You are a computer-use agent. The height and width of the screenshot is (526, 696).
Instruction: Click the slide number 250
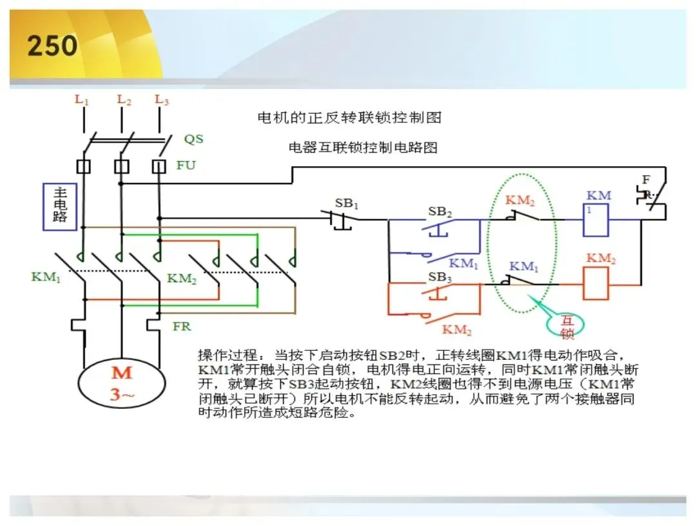(x=52, y=46)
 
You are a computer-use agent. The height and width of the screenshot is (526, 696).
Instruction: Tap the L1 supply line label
(x=82, y=100)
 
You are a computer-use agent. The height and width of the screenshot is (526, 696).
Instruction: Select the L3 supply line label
(x=162, y=100)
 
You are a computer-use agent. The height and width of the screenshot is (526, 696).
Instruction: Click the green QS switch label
(x=194, y=139)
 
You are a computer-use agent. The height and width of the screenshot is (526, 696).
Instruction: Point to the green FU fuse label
(x=186, y=165)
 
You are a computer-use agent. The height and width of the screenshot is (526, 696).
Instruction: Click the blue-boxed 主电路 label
(x=60, y=207)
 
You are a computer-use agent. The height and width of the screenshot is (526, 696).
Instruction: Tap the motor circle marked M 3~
(x=122, y=382)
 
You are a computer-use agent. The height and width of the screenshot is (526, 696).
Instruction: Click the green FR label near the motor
(x=182, y=326)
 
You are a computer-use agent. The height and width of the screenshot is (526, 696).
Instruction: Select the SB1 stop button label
(x=346, y=203)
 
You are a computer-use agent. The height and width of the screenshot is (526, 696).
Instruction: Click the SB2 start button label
(x=440, y=212)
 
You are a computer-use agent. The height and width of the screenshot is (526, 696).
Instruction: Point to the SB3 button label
(x=440, y=277)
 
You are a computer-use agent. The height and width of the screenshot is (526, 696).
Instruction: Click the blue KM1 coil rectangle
(x=595, y=220)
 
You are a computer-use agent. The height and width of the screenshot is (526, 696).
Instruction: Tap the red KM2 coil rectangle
(x=595, y=285)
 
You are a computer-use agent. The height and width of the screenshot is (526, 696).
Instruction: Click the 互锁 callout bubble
(x=565, y=326)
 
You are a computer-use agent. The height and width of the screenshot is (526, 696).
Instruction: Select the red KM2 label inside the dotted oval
(x=520, y=200)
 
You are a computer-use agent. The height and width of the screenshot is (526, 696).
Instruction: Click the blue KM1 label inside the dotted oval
(x=524, y=267)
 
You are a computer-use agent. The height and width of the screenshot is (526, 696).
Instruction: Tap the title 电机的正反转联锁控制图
(x=349, y=118)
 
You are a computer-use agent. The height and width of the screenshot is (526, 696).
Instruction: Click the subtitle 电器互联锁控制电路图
(x=363, y=147)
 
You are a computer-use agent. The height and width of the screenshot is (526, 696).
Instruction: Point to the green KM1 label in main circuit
(x=46, y=277)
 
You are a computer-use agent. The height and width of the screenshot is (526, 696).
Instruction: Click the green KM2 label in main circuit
(x=182, y=279)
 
